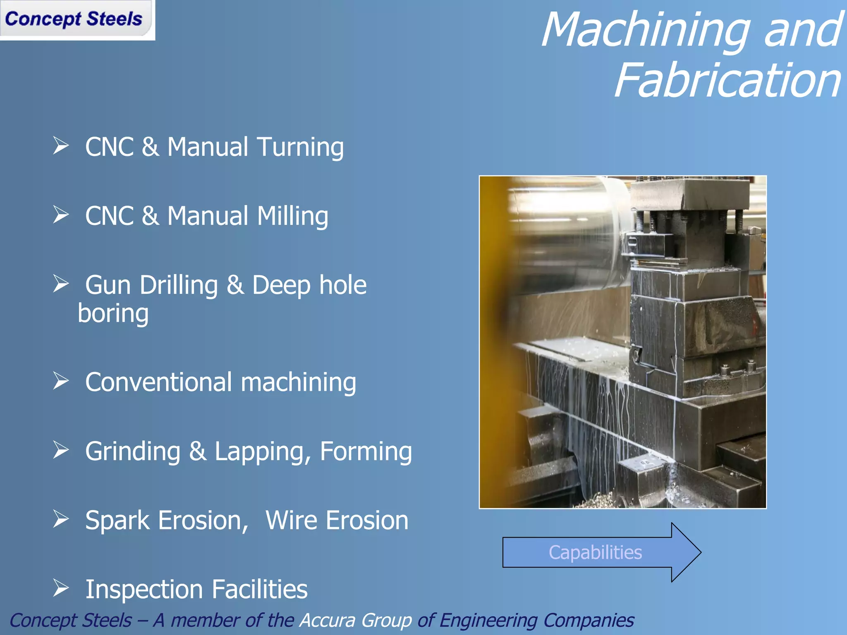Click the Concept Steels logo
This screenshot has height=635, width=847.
[x=74, y=19]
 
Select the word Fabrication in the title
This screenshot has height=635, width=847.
[x=728, y=81]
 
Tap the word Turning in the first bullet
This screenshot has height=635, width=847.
[x=300, y=147]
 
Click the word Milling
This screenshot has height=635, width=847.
[x=292, y=216]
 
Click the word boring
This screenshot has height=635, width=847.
[x=113, y=313]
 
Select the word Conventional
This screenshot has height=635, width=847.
[x=158, y=382]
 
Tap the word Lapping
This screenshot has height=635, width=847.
[x=262, y=451]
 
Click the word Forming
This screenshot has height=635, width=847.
[x=366, y=451]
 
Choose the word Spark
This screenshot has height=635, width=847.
[x=117, y=520]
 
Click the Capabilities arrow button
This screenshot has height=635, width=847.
[x=596, y=553]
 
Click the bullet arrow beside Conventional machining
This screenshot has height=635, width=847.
[x=61, y=381]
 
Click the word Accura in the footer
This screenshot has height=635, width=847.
[x=327, y=620]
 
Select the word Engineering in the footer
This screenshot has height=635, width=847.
[x=488, y=620]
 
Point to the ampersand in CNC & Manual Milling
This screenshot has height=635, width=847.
[x=150, y=216]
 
